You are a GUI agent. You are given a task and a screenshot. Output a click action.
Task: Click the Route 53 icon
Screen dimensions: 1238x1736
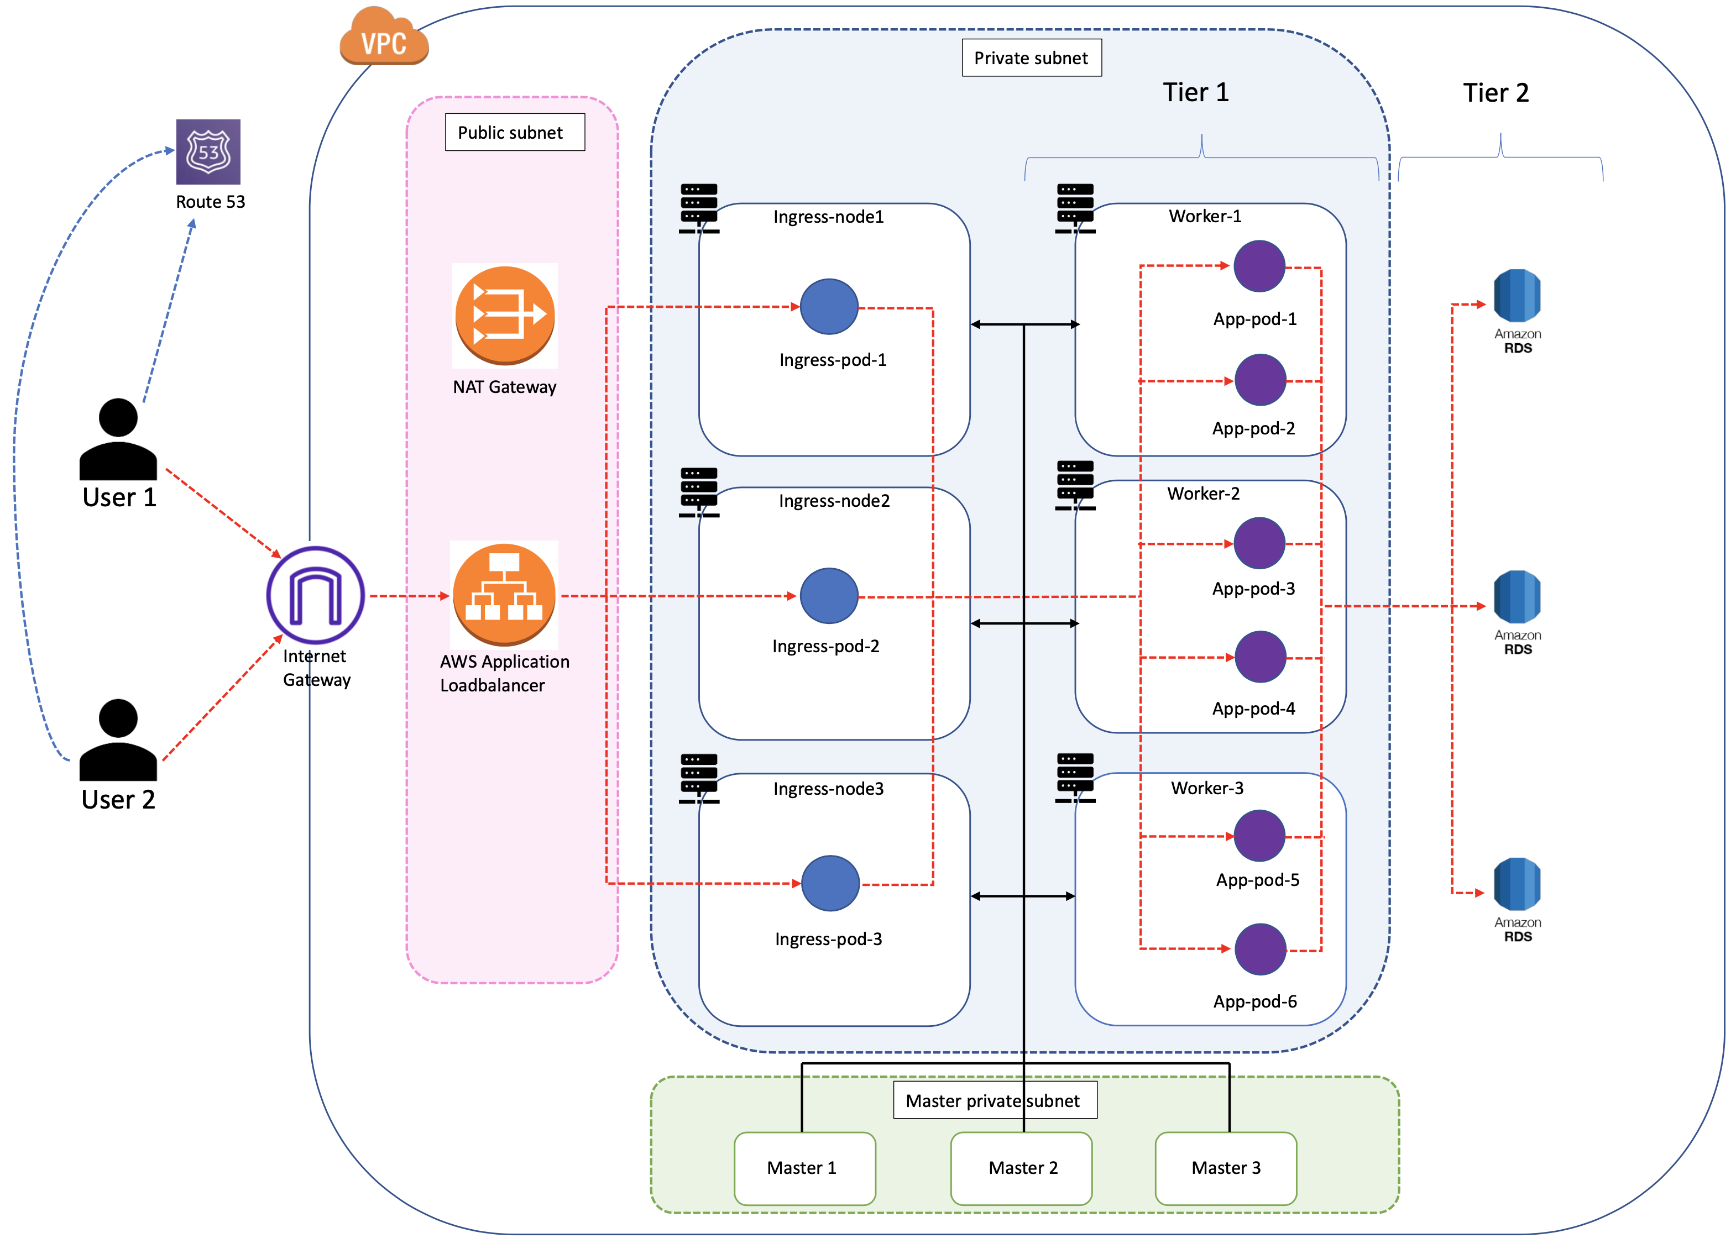click(x=208, y=151)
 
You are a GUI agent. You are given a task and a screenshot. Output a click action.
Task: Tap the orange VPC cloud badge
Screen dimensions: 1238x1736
click(x=384, y=38)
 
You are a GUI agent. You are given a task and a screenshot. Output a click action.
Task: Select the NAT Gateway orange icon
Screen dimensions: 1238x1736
click(x=504, y=315)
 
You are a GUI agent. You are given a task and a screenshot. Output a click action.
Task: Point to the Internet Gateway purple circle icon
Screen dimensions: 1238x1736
click(x=315, y=595)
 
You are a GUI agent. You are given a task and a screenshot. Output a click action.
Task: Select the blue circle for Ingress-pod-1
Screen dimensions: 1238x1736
click(x=829, y=306)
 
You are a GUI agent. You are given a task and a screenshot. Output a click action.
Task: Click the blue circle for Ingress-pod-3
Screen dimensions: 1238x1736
click(x=830, y=883)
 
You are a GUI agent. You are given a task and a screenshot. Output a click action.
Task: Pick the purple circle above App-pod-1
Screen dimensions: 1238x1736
click(x=1259, y=266)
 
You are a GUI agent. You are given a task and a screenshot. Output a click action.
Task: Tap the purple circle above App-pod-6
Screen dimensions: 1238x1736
click(x=1259, y=949)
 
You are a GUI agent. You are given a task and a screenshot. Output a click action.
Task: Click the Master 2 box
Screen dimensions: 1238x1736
click(x=1022, y=1167)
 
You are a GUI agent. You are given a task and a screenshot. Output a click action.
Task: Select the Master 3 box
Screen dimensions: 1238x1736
click(x=1225, y=1167)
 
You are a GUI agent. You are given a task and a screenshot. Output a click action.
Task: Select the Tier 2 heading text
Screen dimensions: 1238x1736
click(x=1495, y=93)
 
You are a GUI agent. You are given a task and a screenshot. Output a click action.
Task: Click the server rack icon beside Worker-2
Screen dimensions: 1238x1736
click(x=1075, y=485)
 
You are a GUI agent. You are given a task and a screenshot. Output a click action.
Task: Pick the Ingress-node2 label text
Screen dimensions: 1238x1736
click(x=834, y=501)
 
